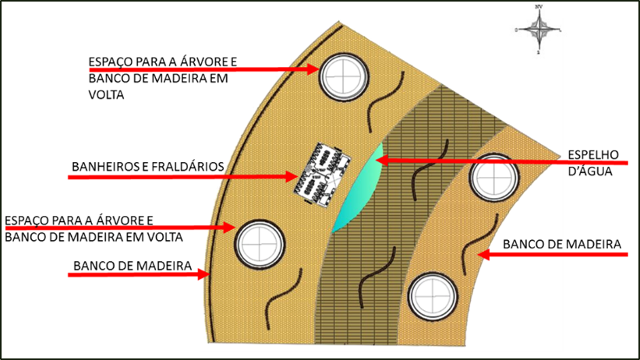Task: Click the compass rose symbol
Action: point(539,30)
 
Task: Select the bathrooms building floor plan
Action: point(323,175)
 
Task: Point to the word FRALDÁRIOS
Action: point(188,167)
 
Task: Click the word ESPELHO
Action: point(593,155)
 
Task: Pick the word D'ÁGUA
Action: point(585,171)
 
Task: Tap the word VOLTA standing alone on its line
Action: point(106,95)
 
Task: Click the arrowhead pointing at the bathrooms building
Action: point(292,177)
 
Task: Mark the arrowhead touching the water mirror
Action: point(382,161)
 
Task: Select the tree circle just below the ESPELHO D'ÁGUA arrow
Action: point(494,178)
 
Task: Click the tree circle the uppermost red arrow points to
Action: point(344,76)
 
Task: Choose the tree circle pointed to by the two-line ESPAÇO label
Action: point(260,244)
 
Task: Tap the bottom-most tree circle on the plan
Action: point(433,297)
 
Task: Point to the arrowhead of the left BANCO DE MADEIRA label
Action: point(203,274)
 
